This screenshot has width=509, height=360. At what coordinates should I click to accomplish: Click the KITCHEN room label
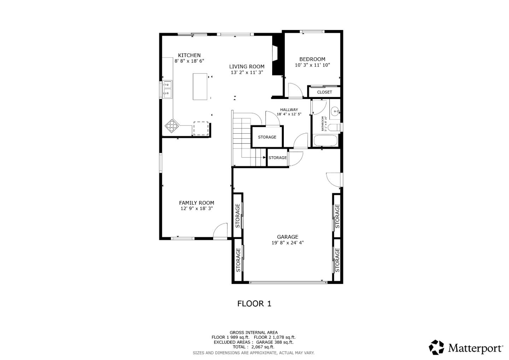pos(189,55)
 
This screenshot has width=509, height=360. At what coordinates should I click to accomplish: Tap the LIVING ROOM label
pos(247,66)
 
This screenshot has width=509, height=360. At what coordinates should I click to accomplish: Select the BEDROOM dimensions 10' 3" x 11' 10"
pos(312,65)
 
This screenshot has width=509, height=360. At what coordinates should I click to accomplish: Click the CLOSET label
pos(324,92)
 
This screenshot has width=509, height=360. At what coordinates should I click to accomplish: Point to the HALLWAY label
pos(289,110)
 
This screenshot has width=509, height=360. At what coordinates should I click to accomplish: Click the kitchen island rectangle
pos(200,87)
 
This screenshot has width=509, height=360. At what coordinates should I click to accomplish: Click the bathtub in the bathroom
pos(325,140)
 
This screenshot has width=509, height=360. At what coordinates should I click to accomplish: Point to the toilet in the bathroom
pos(334,127)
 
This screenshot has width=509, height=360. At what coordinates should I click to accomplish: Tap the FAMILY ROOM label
pos(197,203)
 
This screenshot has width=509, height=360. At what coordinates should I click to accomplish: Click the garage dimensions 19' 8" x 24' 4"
pos(287,243)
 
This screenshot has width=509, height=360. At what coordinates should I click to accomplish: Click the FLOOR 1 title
pos(254,304)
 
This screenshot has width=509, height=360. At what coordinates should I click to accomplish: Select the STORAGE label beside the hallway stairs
pos(267,137)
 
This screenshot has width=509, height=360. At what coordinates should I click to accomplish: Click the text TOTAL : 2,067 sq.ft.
pos(253,347)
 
